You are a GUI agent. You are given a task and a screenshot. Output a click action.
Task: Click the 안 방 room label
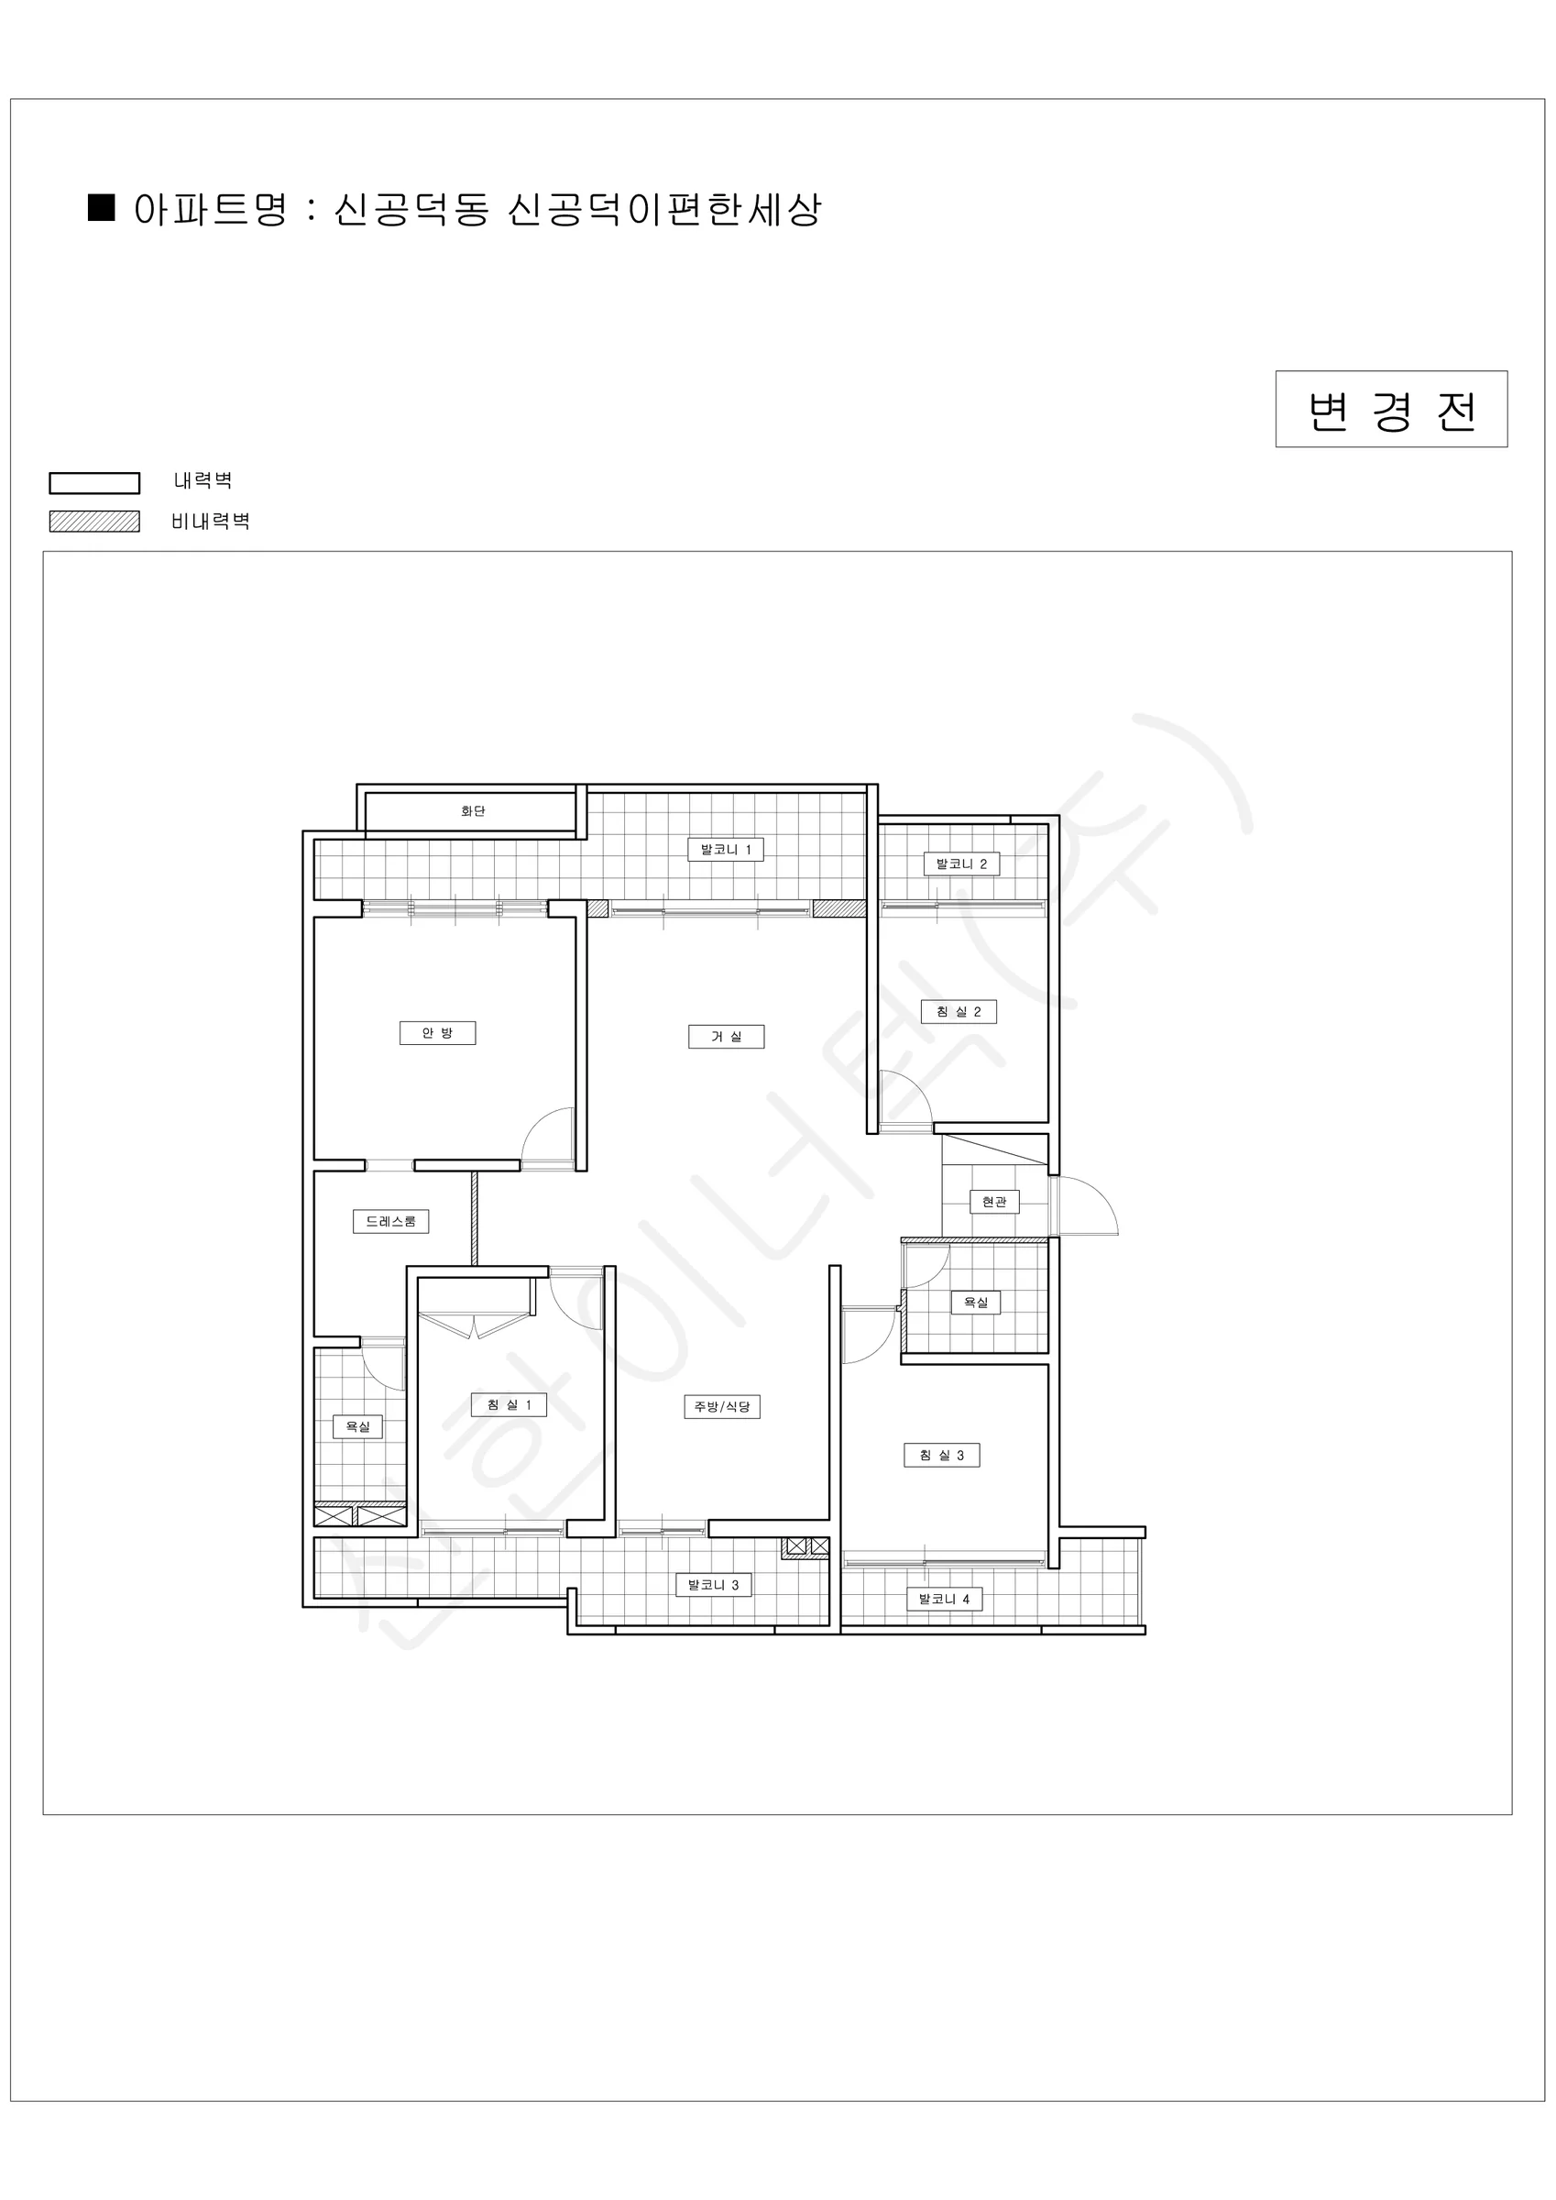tap(437, 1033)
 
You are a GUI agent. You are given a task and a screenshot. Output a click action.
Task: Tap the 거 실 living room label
tap(727, 1037)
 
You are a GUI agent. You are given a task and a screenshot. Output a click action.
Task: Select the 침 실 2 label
tap(959, 1012)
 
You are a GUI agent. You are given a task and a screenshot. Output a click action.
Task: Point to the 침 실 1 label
tap(509, 1404)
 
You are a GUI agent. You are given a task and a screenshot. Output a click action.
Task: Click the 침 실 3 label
tap(942, 1455)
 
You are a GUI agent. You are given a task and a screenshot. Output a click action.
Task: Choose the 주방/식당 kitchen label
tap(721, 1406)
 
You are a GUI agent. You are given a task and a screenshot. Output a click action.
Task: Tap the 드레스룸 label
tap(391, 1222)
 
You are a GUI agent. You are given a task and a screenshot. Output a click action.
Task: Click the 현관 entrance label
tap(994, 1202)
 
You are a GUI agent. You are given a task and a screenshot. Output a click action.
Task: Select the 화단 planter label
tap(474, 810)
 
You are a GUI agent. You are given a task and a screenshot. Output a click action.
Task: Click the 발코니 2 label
tap(961, 863)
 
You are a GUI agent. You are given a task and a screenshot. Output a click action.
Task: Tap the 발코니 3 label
tap(714, 1585)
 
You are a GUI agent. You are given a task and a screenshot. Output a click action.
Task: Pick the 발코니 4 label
tap(945, 1599)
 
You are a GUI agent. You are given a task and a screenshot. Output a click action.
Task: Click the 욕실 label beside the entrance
tap(975, 1303)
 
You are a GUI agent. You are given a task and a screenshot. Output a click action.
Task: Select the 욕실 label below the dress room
tap(357, 1426)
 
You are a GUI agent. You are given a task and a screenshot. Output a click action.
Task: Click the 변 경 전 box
tap(1391, 409)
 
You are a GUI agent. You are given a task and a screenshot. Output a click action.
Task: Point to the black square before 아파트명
tap(102, 207)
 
